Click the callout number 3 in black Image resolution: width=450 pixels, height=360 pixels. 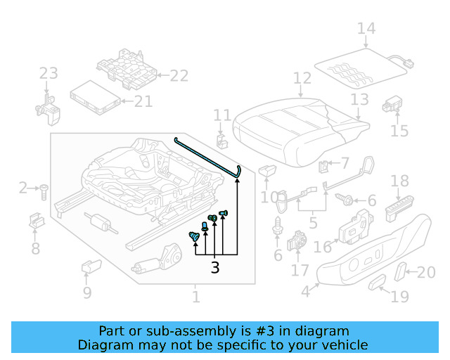click(214, 267)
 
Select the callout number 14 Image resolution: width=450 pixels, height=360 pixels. click(366, 29)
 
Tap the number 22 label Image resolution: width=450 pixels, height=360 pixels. click(179, 76)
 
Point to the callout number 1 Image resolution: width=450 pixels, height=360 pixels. click(195, 297)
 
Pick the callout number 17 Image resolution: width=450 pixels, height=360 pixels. click(300, 270)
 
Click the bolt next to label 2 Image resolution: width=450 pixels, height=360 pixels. click(44, 188)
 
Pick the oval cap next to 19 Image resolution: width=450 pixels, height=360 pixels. click(378, 283)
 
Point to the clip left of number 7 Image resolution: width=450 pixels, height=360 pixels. click(324, 167)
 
